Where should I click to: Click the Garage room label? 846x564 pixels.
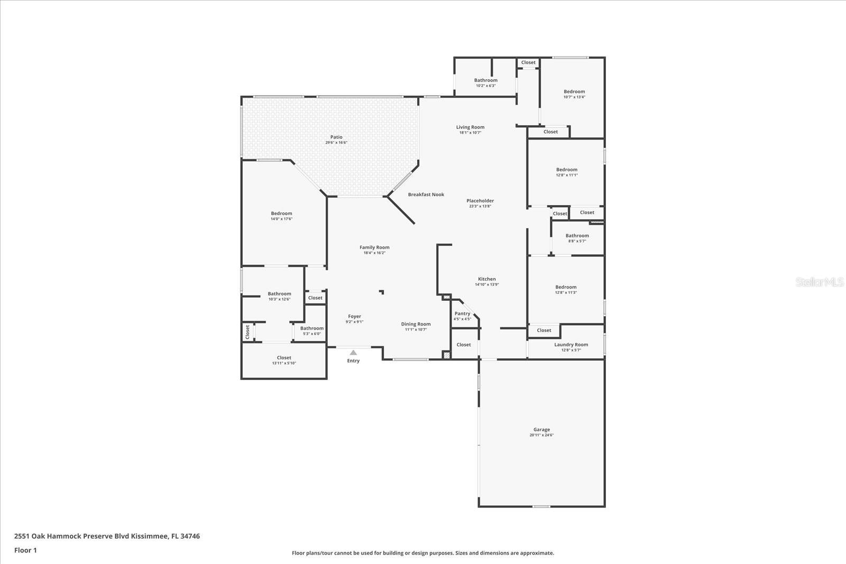(541, 430)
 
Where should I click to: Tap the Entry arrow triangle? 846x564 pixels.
(353, 353)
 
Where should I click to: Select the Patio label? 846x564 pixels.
(336, 137)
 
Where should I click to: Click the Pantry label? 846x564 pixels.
(462, 313)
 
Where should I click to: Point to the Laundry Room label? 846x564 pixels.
(571, 345)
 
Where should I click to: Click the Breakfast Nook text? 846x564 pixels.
(426, 195)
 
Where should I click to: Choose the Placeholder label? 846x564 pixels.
(480, 201)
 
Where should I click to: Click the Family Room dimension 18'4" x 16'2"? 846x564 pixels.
(374, 253)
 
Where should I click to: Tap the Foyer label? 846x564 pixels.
(354, 317)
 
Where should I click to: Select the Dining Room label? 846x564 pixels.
(416, 324)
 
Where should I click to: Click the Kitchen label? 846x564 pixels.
(487, 279)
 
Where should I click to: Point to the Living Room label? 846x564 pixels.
(470, 127)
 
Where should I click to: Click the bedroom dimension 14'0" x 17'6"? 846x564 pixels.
(281, 219)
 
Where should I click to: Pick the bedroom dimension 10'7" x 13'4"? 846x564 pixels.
(574, 97)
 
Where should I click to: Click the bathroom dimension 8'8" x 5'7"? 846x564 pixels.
(577, 241)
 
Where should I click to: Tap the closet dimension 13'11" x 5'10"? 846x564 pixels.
(284, 363)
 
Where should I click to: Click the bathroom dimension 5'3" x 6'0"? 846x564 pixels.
(312, 334)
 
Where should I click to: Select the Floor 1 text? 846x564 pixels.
(25, 550)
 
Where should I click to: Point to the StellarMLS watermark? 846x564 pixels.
(820, 282)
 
